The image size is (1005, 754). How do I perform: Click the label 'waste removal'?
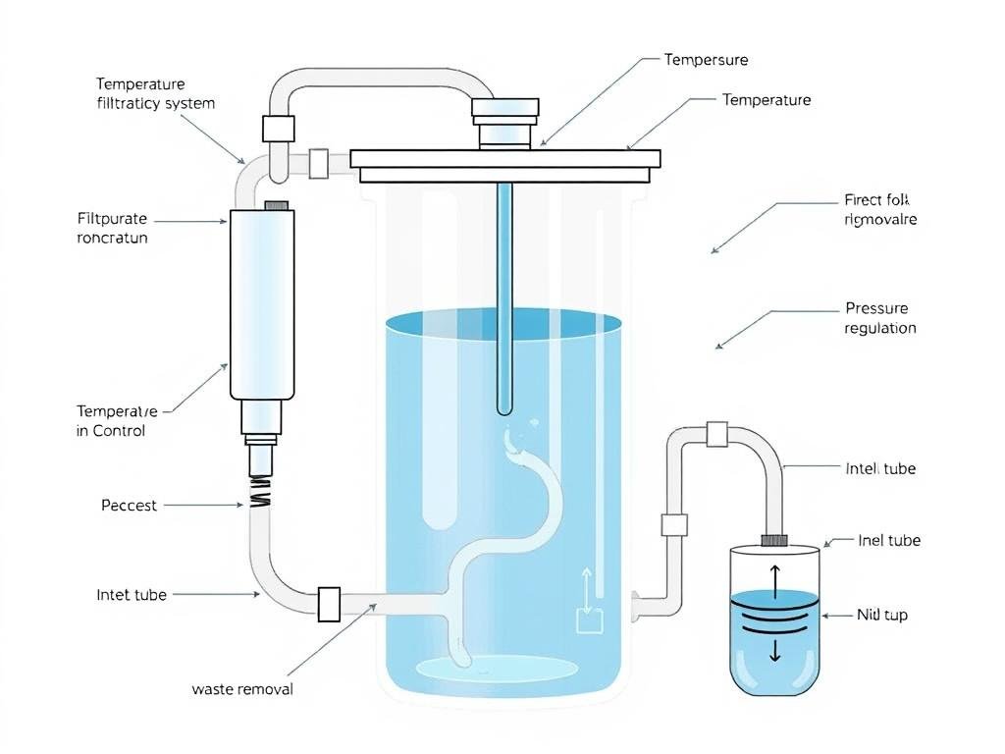pyautogui.click(x=241, y=689)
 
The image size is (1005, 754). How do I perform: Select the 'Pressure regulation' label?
pyautogui.click(x=879, y=318)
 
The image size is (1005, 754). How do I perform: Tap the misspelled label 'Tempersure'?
pyautogui.click(x=706, y=60)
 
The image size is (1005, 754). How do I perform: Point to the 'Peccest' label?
pyautogui.click(x=129, y=506)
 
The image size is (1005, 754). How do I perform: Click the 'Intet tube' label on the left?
pyautogui.click(x=132, y=595)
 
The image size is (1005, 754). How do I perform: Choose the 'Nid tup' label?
pyautogui.click(x=881, y=616)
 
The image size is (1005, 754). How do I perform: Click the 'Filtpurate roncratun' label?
pyautogui.click(x=112, y=228)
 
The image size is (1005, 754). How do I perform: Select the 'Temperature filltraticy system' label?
pyautogui.click(x=154, y=93)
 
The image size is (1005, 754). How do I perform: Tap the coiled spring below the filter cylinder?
pyautogui.click(x=260, y=492)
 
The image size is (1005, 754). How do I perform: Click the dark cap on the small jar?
pyautogui.click(x=774, y=539)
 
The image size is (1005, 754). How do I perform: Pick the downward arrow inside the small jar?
pyautogui.click(x=774, y=647)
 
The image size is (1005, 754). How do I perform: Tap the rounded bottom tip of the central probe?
pyautogui.click(x=504, y=405)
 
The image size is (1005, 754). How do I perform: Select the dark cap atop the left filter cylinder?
pyautogui.click(x=277, y=206)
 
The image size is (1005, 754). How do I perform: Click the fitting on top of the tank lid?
pyautogui.click(x=505, y=123)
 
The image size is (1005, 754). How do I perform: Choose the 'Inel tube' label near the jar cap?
pyautogui.click(x=888, y=541)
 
